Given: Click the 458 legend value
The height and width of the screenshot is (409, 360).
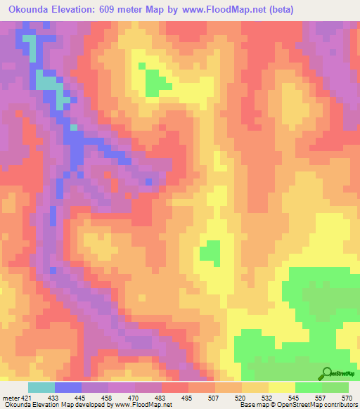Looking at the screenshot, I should [108, 398].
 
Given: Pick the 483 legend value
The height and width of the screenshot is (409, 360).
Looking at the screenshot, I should [161, 398].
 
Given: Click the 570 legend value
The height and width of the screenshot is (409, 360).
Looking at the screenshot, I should [347, 398].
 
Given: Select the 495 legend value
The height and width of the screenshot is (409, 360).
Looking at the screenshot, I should [188, 398].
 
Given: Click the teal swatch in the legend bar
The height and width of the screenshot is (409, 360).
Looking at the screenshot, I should [41, 387].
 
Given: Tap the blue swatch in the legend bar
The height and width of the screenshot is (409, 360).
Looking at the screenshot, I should [68, 387].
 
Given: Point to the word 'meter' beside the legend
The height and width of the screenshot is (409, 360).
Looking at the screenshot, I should [10, 398].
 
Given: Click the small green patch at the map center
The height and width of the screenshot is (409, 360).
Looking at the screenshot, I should [210, 251].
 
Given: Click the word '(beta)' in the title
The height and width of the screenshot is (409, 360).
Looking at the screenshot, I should [278, 10].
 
